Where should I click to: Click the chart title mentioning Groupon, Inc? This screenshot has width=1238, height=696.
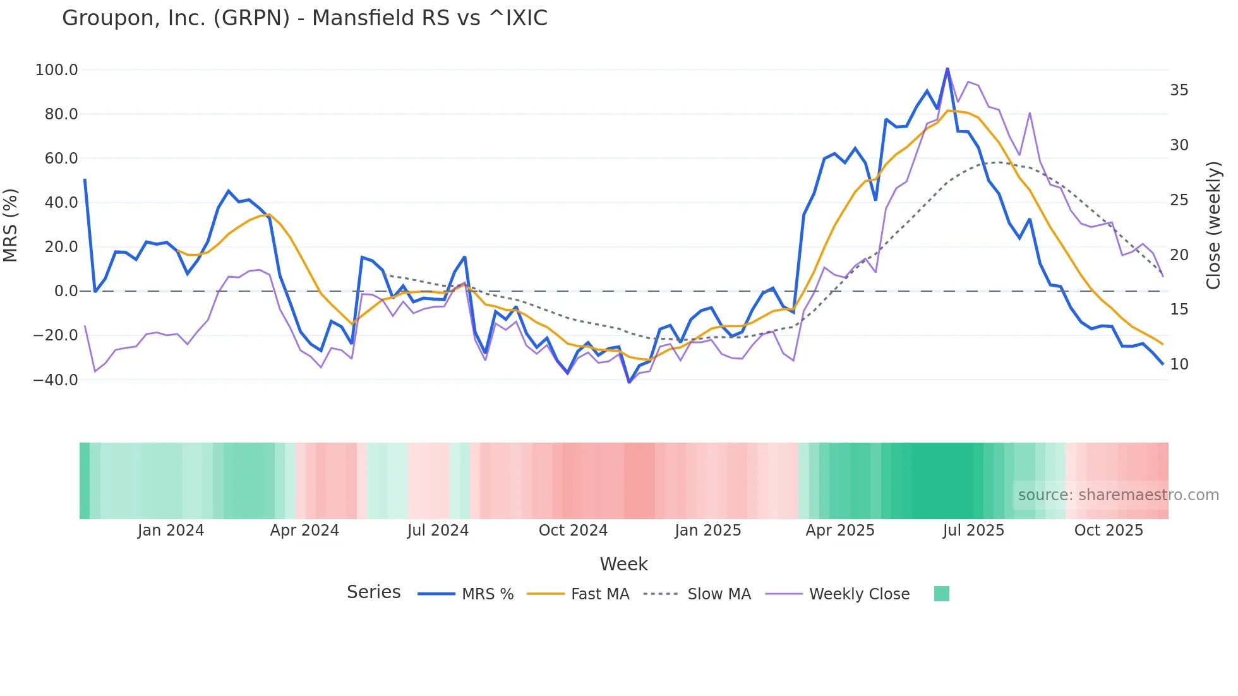(x=304, y=18)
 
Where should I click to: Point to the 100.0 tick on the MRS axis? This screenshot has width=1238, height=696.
(x=56, y=70)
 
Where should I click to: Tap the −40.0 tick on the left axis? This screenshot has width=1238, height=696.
(x=55, y=380)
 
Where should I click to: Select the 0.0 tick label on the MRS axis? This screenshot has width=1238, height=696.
(x=66, y=291)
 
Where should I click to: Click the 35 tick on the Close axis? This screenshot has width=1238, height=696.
(x=1179, y=90)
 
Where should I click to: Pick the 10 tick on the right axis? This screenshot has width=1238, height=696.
(x=1179, y=364)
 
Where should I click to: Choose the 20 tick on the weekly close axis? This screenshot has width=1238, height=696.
(x=1179, y=255)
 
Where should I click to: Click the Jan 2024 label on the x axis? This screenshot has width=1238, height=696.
(x=171, y=531)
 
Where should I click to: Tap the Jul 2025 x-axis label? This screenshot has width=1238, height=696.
(x=973, y=531)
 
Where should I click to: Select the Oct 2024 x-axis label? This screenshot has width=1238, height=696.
(x=573, y=531)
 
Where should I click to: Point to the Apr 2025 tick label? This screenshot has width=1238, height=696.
(x=840, y=531)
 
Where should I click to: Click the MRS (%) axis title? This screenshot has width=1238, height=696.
(x=11, y=225)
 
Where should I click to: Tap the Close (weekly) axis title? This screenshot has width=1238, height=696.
(x=1213, y=225)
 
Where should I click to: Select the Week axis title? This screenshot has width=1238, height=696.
(x=623, y=564)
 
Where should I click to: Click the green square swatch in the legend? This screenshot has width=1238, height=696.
(x=941, y=594)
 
